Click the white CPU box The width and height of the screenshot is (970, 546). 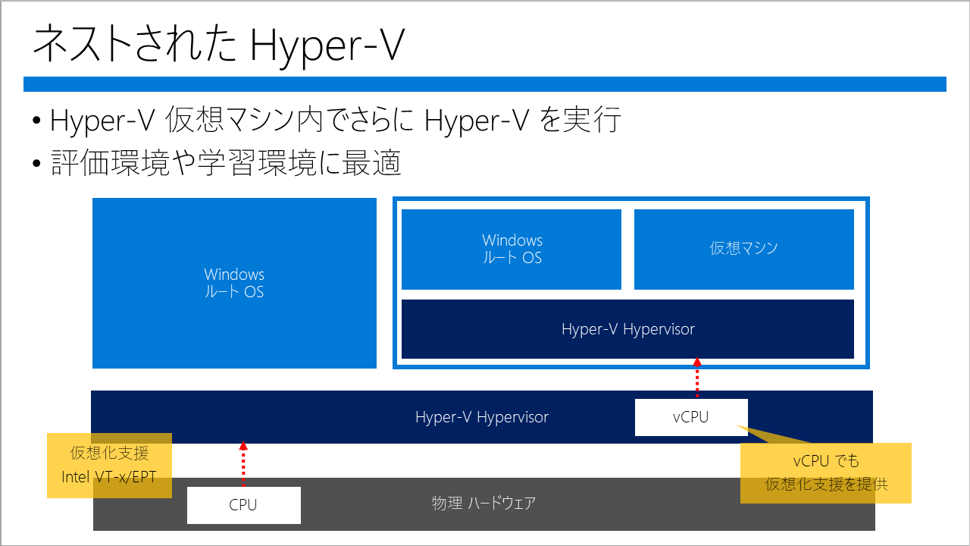pyautogui.click(x=244, y=505)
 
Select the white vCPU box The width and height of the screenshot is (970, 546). pyautogui.click(x=691, y=417)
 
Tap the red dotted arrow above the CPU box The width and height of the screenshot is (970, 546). pyautogui.click(x=243, y=463)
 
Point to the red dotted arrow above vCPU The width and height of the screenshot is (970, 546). pyautogui.click(x=697, y=378)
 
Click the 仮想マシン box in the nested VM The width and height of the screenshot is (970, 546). pyautogui.click(x=744, y=249)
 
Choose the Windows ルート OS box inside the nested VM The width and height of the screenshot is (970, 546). pyautogui.click(x=512, y=249)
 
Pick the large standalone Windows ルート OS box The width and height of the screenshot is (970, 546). pyautogui.click(x=234, y=283)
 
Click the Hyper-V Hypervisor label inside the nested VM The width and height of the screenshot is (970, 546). pyautogui.click(x=628, y=329)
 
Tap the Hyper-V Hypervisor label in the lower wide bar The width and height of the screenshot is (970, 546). pyautogui.click(x=481, y=417)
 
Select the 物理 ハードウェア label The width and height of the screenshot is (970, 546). pyautogui.click(x=483, y=504)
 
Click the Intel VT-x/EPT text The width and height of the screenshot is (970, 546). pyautogui.click(x=108, y=477)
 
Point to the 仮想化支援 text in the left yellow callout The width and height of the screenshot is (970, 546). pyautogui.click(x=110, y=453)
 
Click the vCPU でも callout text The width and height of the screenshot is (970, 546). pyautogui.click(x=826, y=461)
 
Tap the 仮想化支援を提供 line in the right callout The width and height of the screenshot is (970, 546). pyautogui.click(x=826, y=484)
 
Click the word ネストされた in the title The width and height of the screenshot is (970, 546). pyautogui.click(x=135, y=44)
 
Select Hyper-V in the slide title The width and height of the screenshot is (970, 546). pyautogui.click(x=327, y=46)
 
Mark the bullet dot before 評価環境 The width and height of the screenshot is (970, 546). pyautogui.click(x=37, y=163)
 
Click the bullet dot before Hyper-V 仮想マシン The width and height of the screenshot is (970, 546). pyautogui.click(x=37, y=120)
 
